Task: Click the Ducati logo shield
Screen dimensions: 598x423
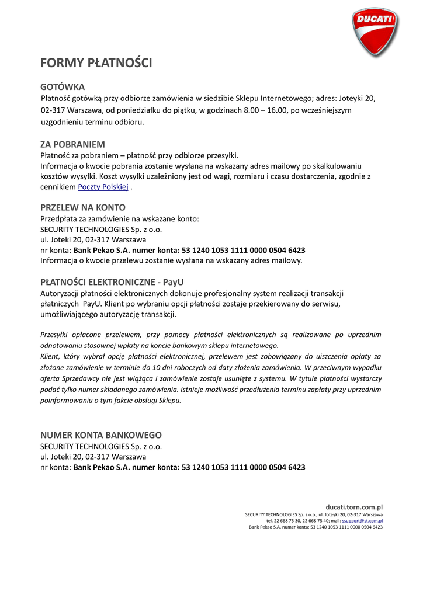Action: click(x=375, y=32)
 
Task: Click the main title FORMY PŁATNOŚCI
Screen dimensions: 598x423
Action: click(x=96, y=63)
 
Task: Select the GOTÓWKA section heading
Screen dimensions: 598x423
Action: click(x=63, y=86)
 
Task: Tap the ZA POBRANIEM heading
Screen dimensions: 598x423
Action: click(x=72, y=144)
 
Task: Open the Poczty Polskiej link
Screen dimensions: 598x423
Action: click(x=103, y=187)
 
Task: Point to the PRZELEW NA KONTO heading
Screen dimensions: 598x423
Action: click(x=82, y=207)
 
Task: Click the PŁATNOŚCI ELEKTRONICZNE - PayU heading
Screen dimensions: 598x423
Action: click(x=112, y=281)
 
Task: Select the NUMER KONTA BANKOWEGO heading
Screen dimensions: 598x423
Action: click(x=100, y=435)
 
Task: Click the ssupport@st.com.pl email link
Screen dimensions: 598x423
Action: click(x=362, y=520)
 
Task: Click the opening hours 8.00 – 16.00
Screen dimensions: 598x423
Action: click(x=265, y=110)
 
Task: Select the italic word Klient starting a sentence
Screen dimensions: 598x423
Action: click(x=50, y=356)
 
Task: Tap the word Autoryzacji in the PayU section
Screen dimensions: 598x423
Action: click(x=60, y=293)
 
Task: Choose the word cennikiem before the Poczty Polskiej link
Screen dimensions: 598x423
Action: click(x=58, y=187)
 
